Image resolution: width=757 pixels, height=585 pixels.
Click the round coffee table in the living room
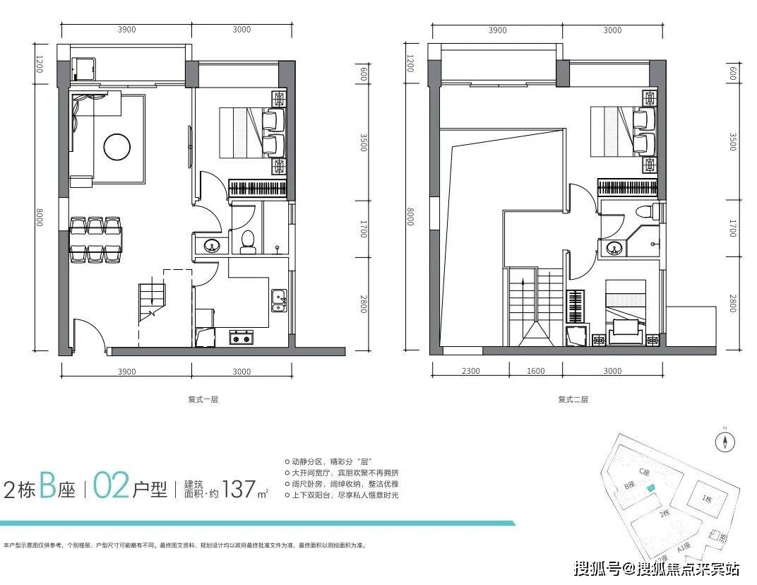click(117, 147)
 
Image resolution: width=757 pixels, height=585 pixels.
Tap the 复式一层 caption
click(203, 399)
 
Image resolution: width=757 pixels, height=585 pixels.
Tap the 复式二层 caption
click(573, 399)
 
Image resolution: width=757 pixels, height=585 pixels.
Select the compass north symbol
click(725, 442)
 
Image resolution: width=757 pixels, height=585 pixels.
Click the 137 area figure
click(238, 488)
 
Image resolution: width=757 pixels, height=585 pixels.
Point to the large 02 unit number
click(110, 487)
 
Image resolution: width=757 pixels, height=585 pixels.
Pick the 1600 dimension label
click(536, 371)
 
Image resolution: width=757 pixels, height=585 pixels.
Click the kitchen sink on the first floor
click(279, 300)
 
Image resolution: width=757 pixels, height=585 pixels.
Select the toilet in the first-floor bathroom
click(247, 242)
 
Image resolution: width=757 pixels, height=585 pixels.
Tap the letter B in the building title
click(47, 487)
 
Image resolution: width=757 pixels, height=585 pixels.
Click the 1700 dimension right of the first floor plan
click(364, 228)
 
